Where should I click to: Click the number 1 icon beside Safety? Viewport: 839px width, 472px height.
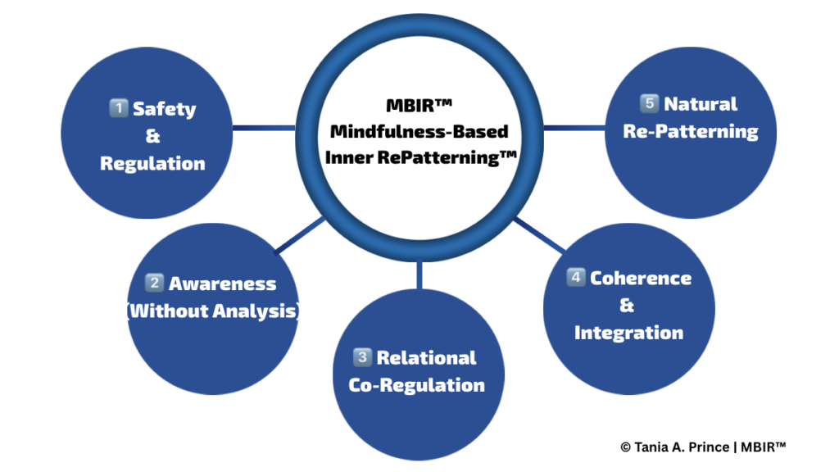point(119,109)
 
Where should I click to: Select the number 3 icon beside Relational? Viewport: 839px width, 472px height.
point(362,358)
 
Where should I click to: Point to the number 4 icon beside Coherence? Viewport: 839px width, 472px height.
point(576,278)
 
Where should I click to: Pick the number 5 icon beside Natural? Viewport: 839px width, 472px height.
point(649,104)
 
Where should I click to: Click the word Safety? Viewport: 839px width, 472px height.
point(165,109)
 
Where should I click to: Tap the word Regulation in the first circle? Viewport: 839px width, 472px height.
point(152,163)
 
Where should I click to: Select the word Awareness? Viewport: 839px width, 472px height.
point(222,284)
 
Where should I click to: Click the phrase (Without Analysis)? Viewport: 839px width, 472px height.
point(213,311)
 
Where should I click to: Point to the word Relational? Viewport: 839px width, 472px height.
point(426,358)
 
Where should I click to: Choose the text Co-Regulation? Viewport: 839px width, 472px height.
point(417,385)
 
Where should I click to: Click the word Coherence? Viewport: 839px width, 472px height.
point(641,278)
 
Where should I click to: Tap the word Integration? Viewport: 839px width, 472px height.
point(628,333)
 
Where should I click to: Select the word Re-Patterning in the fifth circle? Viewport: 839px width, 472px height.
point(691,131)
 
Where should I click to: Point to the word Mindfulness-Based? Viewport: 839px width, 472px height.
point(418,131)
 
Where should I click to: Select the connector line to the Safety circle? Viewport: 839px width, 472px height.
point(264,128)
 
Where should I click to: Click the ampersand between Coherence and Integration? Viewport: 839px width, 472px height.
point(628,306)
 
